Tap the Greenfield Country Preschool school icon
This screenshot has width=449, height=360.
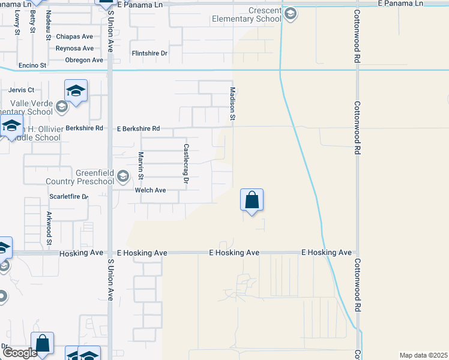pyautogui.click(x=123, y=176)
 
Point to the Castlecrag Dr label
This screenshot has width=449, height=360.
pyautogui.click(x=186, y=163)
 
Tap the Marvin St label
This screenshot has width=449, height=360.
pyautogui.click(x=140, y=166)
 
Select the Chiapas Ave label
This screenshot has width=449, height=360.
pyautogui.click(x=74, y=37)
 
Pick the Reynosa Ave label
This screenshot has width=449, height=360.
pyautogui.click(x=74, y=49)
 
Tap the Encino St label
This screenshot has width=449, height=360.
pyautogui.click(x=32, y=65)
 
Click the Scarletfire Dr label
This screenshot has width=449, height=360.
pyautogui.click(x=68, y=196)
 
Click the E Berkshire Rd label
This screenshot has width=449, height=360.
pyautogui.click(x=139, y=128)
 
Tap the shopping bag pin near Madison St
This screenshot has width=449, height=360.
pyautogui.click(x=252, y=200)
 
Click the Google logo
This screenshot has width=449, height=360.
pyautogui.click(x=20, y=353)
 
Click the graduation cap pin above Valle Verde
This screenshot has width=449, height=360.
pyautogui.click(x=76, y=92)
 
